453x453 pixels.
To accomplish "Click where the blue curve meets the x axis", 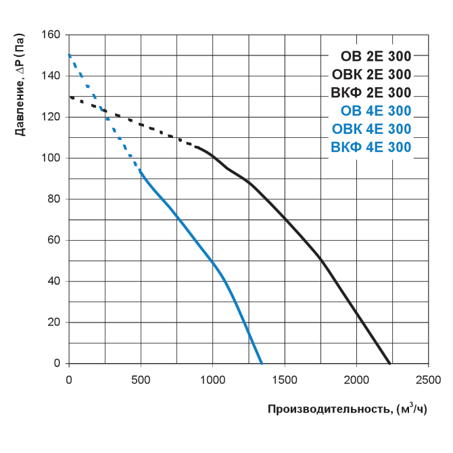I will pyautogui.click(x=262, y=363).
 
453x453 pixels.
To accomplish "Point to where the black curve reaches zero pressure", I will pyautogui.click(x=389, y=363).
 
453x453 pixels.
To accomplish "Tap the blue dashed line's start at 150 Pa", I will pyautogui.click(x=69, y=55).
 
